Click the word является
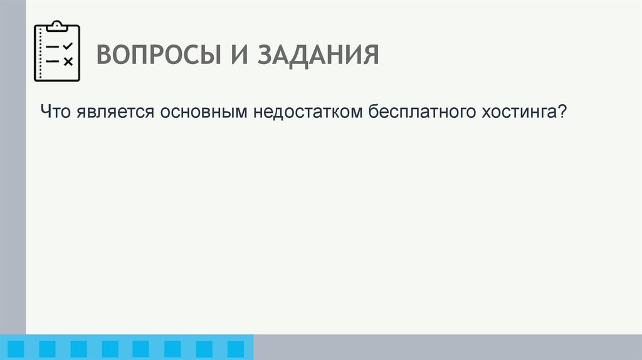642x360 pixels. coord(117,113)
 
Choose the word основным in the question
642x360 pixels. coord(204,113)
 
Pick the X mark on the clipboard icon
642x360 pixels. coord(69,61)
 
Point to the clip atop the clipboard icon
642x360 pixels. coord(57,26)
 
